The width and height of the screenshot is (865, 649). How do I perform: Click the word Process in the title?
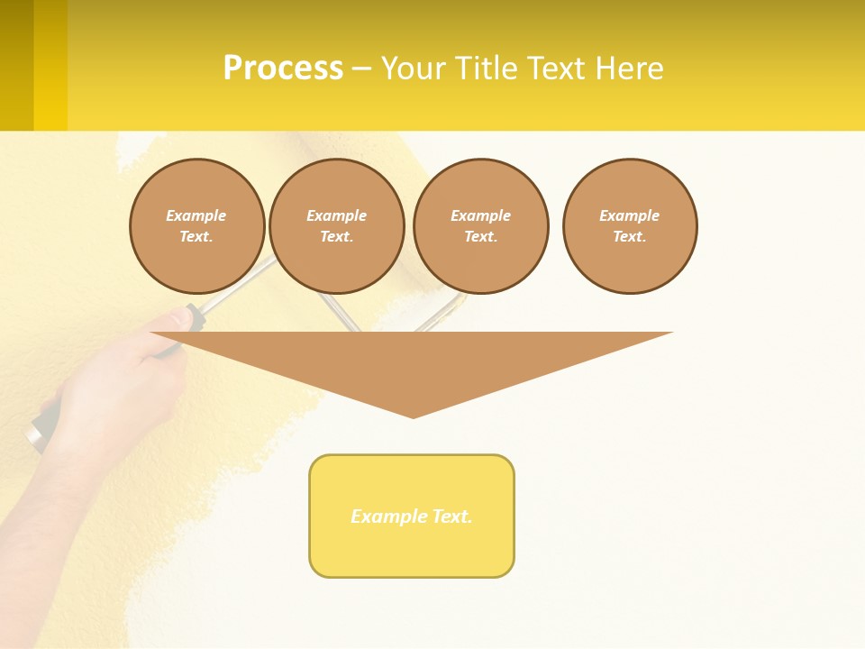click(x=283, y=69)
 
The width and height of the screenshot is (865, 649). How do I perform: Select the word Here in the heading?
click(x=628, y=69)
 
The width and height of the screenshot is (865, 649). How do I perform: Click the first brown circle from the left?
click(x=197, y=226)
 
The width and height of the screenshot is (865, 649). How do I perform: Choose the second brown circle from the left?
click(x=337, y=226)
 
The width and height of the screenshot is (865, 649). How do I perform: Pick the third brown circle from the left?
click(x=480, y=226)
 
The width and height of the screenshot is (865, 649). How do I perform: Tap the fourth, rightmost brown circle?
click(x=630, y=226)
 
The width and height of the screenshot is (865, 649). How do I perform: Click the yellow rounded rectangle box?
click(x=412, y=516)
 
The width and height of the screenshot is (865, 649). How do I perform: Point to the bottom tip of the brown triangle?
click(x=413, y=416)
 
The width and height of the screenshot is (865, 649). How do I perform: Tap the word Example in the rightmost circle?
click(x=630, y=215)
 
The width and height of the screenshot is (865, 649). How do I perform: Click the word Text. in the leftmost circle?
click(x=196, y=237)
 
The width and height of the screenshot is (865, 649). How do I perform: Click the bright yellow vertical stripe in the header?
click(x=50, y=65)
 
